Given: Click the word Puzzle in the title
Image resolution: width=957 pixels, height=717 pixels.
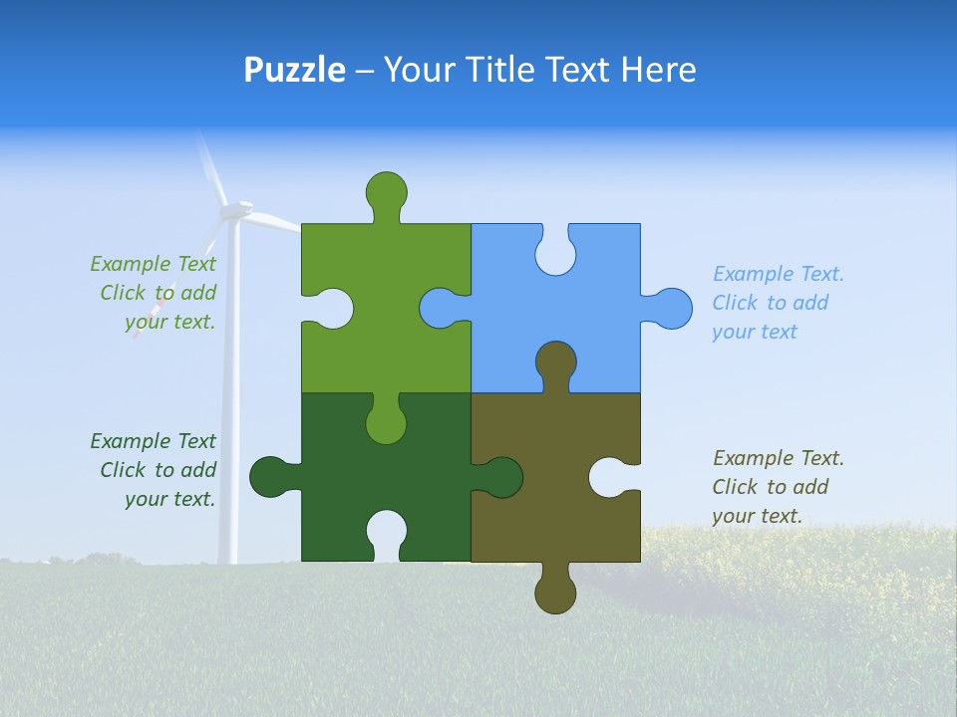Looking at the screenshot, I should pos(294,70).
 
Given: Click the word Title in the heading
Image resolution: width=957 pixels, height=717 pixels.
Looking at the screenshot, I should pos(506,70).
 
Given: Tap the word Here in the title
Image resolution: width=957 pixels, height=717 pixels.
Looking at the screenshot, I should pos(657,70).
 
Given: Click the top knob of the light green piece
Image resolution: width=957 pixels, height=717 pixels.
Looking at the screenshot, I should pos(386,191).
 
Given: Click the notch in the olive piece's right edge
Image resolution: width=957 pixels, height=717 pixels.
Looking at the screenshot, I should pos(610,477).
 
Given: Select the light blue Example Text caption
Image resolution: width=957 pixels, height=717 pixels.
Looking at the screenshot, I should pos(778,303).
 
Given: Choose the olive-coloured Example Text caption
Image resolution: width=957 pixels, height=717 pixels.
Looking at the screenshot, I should pos(778,487).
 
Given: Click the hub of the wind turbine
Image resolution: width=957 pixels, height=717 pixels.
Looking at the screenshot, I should pos(235,210).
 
